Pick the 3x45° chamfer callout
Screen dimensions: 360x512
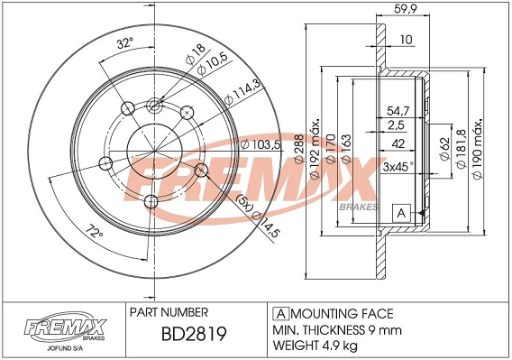coord(398,166)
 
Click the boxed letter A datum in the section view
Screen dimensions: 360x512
coord(400,213)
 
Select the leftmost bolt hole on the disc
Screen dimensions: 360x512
coord(105,163)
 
